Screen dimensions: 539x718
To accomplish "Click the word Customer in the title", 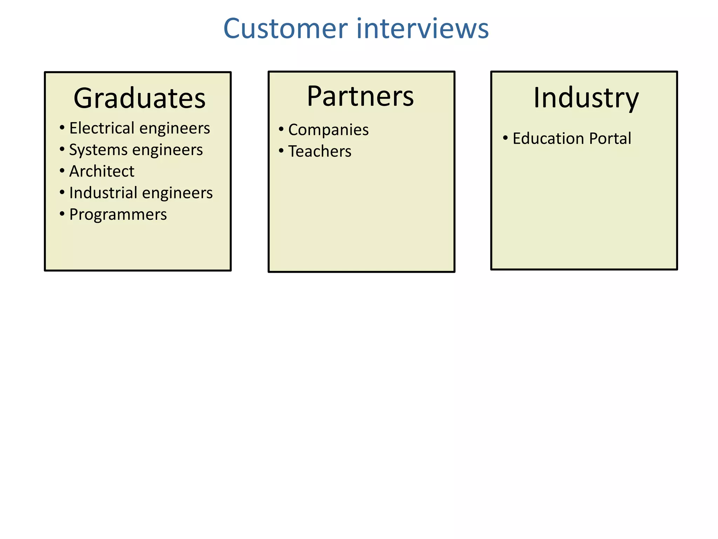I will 285,29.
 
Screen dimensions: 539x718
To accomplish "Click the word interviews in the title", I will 422,29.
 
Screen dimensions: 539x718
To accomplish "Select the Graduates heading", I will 139,98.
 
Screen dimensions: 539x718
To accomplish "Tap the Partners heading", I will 360,96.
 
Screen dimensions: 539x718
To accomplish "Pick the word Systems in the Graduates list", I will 98,150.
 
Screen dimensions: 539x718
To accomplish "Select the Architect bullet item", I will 102,171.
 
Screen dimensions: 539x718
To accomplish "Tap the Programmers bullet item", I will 118,214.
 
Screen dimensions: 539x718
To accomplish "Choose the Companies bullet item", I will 328,130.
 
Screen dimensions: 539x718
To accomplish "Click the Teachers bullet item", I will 319,151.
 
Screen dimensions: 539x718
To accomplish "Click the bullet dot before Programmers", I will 62,214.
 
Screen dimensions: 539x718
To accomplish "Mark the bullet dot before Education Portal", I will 505,138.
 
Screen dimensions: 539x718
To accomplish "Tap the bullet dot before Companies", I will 281,129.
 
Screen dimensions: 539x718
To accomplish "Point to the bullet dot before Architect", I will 62,171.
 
